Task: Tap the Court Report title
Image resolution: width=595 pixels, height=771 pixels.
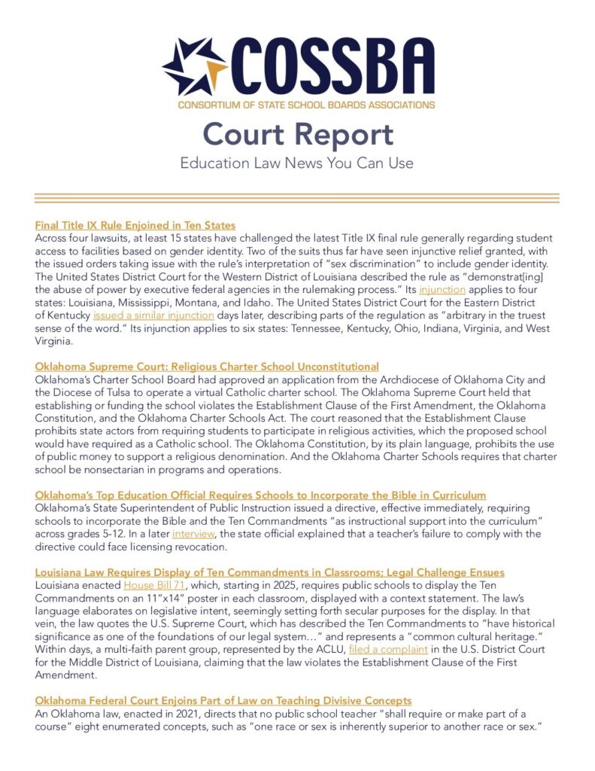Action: click(297, 134)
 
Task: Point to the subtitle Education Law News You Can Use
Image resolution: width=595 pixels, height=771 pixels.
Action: click(297, 163)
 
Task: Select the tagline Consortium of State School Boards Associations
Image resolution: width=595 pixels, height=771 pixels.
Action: click(306, 104)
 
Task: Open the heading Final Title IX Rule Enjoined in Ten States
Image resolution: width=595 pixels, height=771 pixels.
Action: click(135, 225)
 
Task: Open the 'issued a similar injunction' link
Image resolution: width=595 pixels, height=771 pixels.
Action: click(153, 315)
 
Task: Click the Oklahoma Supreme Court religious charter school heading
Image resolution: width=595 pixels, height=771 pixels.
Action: click(207, 367)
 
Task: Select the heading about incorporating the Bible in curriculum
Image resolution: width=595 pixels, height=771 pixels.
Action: click(260, 495)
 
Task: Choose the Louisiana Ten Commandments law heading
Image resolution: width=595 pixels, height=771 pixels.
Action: click(269, 573)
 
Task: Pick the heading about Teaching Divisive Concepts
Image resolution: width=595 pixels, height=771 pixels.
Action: click(223, 701)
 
